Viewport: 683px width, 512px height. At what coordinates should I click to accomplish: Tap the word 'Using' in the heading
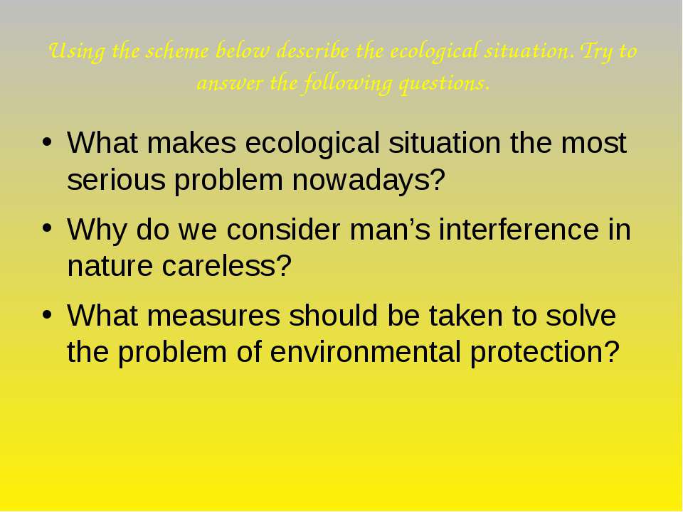coord(77,52)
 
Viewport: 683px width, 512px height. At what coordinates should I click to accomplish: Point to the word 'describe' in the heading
coord(312,51)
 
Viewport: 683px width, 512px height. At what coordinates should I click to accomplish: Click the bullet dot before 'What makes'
coord(47,142)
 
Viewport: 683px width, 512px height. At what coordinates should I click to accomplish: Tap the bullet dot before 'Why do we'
coord(47,228)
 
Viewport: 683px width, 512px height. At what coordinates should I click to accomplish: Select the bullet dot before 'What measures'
coord(47,315)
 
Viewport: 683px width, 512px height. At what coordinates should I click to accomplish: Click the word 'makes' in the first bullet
coord(191,142)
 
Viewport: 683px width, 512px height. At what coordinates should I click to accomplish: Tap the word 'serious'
coord(116,180)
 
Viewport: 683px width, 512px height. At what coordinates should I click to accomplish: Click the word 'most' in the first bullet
coord(593,143)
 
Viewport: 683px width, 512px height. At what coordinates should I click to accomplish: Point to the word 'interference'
coord(519,229)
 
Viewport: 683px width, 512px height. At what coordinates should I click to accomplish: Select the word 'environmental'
coord(365,352)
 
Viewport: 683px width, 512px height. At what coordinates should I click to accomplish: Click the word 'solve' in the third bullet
coord(581,315)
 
